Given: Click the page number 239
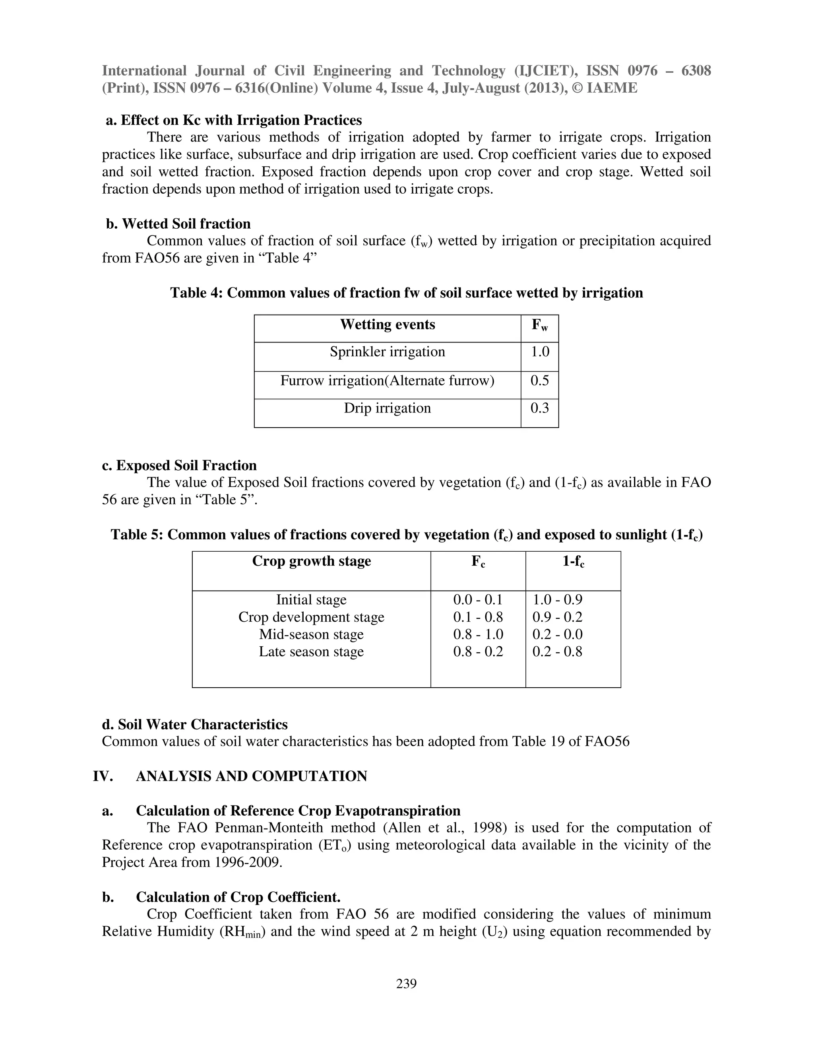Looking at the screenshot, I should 406,984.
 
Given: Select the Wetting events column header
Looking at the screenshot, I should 387,324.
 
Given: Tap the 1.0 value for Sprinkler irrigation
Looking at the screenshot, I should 540,352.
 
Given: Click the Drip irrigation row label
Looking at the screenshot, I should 387,408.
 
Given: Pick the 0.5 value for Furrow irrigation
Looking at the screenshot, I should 540,381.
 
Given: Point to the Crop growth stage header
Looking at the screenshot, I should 311,561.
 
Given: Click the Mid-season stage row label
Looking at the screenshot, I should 311,634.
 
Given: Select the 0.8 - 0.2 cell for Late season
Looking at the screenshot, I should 478,651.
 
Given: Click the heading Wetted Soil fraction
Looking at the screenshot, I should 186,224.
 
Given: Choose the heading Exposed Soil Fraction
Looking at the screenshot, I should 186,465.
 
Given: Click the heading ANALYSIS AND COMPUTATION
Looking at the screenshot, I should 251,776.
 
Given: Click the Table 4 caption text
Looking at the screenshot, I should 406,293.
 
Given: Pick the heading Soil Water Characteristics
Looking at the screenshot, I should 203,724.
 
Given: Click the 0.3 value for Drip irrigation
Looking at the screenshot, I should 540,408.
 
